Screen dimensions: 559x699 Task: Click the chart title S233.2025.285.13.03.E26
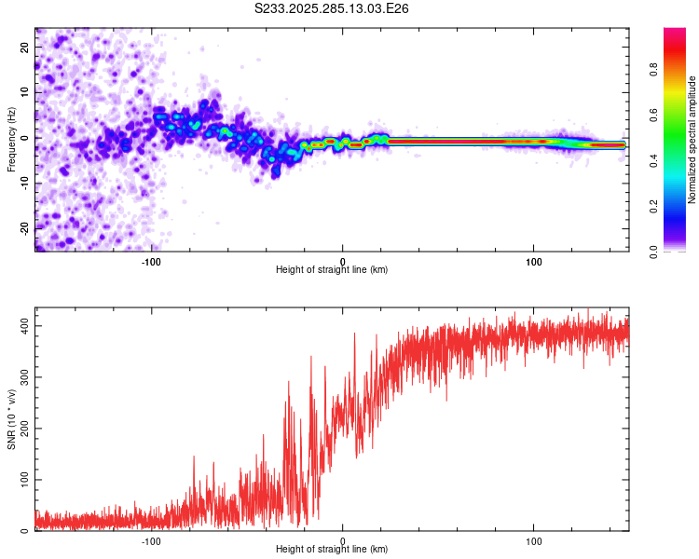(333, 8)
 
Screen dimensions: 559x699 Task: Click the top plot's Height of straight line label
(332, 270)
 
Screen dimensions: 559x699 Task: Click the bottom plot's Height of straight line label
(332, 550)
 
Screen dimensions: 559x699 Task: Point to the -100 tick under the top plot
(151, 260)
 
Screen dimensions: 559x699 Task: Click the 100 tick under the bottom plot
(534, 540)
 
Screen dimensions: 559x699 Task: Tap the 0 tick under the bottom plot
(343, 540)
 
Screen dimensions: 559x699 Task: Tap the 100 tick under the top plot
(534, 260)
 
